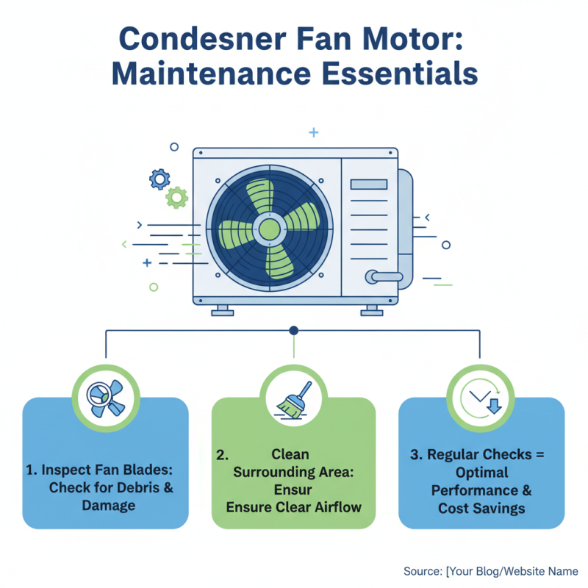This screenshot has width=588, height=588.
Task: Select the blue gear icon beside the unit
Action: (159, 179)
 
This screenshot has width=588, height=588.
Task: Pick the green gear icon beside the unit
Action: (176, 196)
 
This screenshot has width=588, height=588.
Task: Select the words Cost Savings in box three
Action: (481, 508)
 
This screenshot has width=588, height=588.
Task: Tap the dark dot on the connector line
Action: (293, 331)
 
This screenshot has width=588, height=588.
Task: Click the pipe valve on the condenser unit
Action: (383, 276)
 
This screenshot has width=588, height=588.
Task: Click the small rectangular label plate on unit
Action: (371, 184)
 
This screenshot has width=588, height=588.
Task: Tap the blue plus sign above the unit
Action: (314, 132)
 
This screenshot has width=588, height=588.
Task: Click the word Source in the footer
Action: (423, 570)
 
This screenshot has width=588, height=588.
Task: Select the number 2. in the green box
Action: (222, 455)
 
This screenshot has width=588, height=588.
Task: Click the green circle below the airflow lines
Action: (154, 287)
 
